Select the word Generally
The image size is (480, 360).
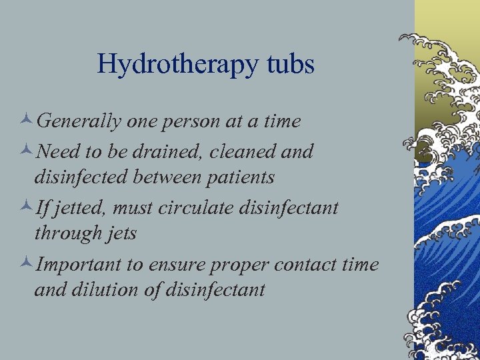pos(79,122)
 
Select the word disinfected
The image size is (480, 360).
pos(80,178)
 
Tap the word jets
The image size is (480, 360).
pos(121,235)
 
